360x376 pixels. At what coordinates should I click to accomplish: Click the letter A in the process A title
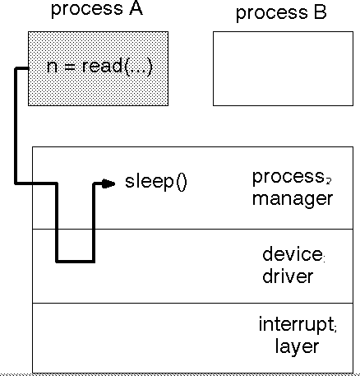point(136,8)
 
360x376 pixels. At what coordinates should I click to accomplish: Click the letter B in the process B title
point(321,12)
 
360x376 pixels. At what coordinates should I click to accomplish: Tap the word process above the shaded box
point(87,10)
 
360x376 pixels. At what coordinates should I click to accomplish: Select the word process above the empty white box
point(272,14)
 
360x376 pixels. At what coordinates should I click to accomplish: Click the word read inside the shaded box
point(103,66)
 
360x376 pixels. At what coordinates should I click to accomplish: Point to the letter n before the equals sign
point(52,67)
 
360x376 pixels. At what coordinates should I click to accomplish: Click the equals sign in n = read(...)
point(69,67)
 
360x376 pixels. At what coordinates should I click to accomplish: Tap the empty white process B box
point(283,68)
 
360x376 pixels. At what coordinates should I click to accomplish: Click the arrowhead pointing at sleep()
point(108,183)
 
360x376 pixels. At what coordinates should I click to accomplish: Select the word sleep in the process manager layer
point(150,182)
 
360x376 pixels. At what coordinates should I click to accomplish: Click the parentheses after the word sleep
point(182,182)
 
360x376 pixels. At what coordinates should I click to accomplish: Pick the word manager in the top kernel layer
point(293,199)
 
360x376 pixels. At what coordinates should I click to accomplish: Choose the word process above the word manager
point(288,178)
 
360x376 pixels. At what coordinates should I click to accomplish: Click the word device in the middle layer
point(293,253)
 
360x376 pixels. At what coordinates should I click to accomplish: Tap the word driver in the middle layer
point(288,276)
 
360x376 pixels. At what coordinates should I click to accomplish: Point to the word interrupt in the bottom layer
point(296,324)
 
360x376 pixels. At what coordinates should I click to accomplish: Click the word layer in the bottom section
point(297,347)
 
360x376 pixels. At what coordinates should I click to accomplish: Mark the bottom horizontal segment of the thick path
point(76,261)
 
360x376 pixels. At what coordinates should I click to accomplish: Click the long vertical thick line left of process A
point(16,125)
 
